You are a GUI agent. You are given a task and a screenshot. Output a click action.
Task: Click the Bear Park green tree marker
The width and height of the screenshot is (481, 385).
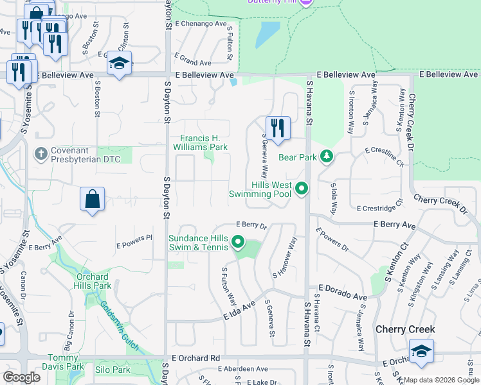tap(327, 157)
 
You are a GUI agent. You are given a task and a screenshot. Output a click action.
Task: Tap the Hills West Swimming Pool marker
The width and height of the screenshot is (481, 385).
tap(301, 189)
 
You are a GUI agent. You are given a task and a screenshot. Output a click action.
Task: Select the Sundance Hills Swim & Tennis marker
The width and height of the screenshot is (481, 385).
tap(238, 243)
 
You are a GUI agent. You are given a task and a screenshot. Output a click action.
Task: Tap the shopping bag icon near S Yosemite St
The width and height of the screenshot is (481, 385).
tap(93, 199)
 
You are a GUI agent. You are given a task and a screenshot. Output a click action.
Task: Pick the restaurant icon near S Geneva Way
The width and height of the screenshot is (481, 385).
tap(278, 128)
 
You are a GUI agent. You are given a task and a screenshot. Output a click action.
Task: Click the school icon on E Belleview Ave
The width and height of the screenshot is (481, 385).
tap(120, 63)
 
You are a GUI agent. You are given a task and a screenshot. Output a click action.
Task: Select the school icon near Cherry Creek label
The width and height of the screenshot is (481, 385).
tap(421, 351)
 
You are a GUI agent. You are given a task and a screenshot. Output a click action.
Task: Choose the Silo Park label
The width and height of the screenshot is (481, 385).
tap(113, 370)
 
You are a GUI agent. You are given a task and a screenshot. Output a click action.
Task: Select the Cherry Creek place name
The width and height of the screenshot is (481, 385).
tap(406, 330)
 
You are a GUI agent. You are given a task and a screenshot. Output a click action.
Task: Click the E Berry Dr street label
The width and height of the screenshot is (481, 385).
tap(251, 225)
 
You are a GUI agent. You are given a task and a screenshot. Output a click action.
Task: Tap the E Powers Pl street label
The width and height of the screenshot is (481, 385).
tap(134, 241)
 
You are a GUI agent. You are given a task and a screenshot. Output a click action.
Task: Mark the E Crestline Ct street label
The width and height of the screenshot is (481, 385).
tap(384, 156)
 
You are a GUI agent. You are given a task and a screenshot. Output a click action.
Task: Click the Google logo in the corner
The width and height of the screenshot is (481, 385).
tap(22, 377)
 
